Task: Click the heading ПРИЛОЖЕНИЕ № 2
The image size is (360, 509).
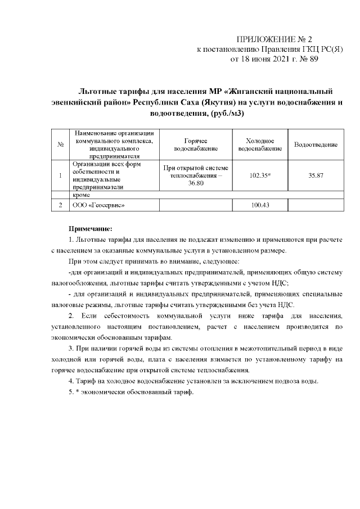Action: click(x=273, y=39)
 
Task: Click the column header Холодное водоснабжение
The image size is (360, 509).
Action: click(x=260, y=145)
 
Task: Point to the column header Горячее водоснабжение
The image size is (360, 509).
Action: click(x=195, y=145)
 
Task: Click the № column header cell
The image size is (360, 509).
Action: click(x=60, y=145)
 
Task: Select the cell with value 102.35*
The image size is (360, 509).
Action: click(x=260, y=175)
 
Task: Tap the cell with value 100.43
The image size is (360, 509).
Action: click(x=260, y=205)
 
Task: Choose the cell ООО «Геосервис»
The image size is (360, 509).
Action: click(x=96, y=205)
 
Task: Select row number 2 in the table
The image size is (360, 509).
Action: click(x=60, y=205)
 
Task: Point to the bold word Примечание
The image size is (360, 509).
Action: click(x=91, y=229)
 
